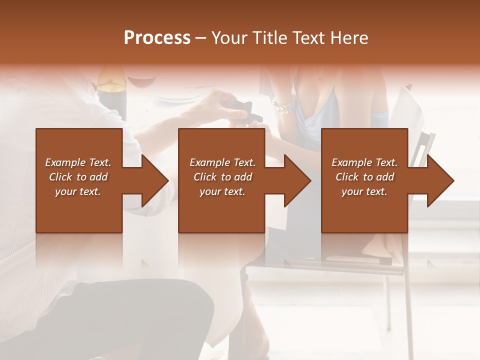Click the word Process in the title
tap(157, 38)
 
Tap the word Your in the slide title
tap(230, 38)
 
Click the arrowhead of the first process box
tap(152, 180)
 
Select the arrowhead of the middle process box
tap(295, 180)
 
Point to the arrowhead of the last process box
tap(438, 180)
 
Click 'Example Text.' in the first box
tap(78, 162)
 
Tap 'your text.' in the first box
tap(78, 191)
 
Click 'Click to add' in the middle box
tap(222, 177)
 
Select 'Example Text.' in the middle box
tap(222, 162)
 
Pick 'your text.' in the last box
tap(364, 191)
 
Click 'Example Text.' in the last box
tap(364, 162)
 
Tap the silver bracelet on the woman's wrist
tap(283, 106)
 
